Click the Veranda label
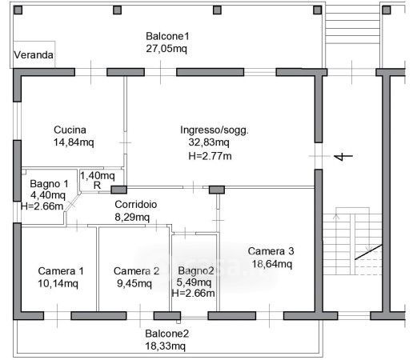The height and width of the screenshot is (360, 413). pyautogui.click(x=34, y=55)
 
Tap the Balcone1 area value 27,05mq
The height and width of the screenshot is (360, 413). pyautogui.click(x=166, y=49)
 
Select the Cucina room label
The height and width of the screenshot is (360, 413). pyautogui.click(x=70, y=130)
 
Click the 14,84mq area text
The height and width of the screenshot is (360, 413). pyautogui.click(x=74, y=142)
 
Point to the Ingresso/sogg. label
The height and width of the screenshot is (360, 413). pyautogui.click(x=215, y=130)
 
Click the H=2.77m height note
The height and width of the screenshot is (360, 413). pyautogui.click(x=210, y=156)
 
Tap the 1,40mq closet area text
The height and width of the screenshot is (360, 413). pyautogui.click(x=98, y=176)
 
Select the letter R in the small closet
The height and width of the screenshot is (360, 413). pyautogui.click(x=97, y=186)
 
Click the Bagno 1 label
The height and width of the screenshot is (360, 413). pyautogui.click(x=49, y=184)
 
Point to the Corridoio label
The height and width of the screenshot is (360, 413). pyautogui.click(x=136, y=205)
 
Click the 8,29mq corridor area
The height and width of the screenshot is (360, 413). pyautogui.click(x=132, y=218)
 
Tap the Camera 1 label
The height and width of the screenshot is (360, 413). pyautogui.click(x=61, y=271)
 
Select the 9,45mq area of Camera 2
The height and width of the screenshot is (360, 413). pyautogui.click(x=134, y=283)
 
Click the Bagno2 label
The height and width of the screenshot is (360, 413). pyautogui.click(x=196, y=271)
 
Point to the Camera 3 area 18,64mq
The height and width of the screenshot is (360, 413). pyautogui.click(x=272, y=264)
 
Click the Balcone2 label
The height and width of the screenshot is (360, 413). pyautogui.click(x=167, y=334)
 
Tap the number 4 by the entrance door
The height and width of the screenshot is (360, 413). pyautogui.click(x=343, y=156)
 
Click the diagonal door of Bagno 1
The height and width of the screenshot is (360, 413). pyautogui.click(x=72, y=203)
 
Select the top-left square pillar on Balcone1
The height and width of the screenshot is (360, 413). pyautogui.click(x=18, y=10)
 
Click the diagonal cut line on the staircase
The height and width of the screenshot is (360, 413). pyautogui.click(x=368, y=252)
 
